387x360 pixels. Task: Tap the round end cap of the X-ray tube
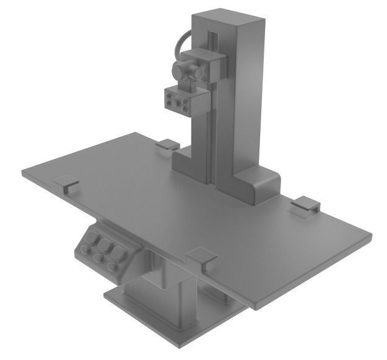180,71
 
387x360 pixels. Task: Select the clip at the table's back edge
167,146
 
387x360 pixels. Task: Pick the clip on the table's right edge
305,204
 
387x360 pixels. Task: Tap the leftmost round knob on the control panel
84,251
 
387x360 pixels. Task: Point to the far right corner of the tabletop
369,235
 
